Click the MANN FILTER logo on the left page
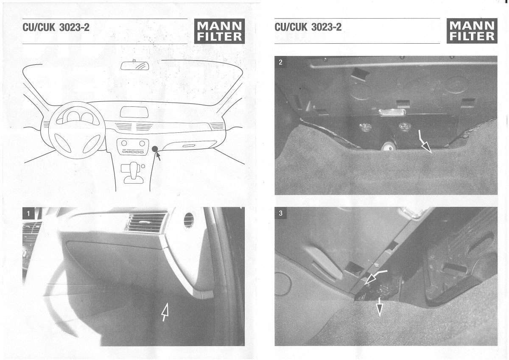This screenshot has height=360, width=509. point(219,31)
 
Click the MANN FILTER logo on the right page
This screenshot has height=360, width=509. point(472,31)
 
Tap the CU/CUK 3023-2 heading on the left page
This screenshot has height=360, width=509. point(56,28)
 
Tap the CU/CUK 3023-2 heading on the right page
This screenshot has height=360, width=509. point(308,27)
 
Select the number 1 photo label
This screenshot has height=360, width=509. point(28,213)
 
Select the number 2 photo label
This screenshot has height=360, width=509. point(280,62)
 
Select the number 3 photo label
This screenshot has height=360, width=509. point(280,213)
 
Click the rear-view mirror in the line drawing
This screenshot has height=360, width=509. point(135,65)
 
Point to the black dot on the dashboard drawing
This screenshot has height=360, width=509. point(155,149)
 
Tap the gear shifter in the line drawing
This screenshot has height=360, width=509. point(134,173)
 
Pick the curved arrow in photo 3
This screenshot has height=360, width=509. point(375,276)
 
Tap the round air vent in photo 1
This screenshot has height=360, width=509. point(188,220)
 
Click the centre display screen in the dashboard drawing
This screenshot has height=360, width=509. point(134,112)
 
